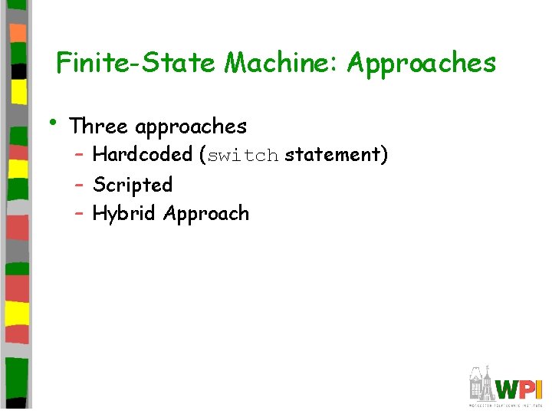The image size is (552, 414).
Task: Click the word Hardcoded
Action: click(x=142, y=155)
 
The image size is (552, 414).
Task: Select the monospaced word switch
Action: click(x=243, y=156)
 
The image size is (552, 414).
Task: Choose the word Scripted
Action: click(x=133, y=185)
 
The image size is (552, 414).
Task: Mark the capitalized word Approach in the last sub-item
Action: click(x=206, y=215)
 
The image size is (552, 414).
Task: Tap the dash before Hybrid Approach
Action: click(x=80, y=213)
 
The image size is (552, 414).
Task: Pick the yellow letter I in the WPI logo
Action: click(x=540, y=389)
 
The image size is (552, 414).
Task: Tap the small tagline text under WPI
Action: click(x=506, y=403)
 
